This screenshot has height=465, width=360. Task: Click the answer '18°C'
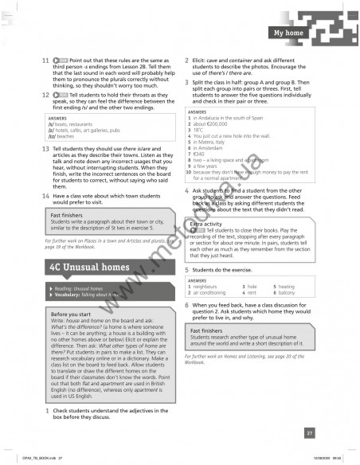pos(202,135)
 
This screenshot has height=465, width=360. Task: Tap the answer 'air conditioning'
pos(215,293)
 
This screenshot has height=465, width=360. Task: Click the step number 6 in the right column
pos(186,305)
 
